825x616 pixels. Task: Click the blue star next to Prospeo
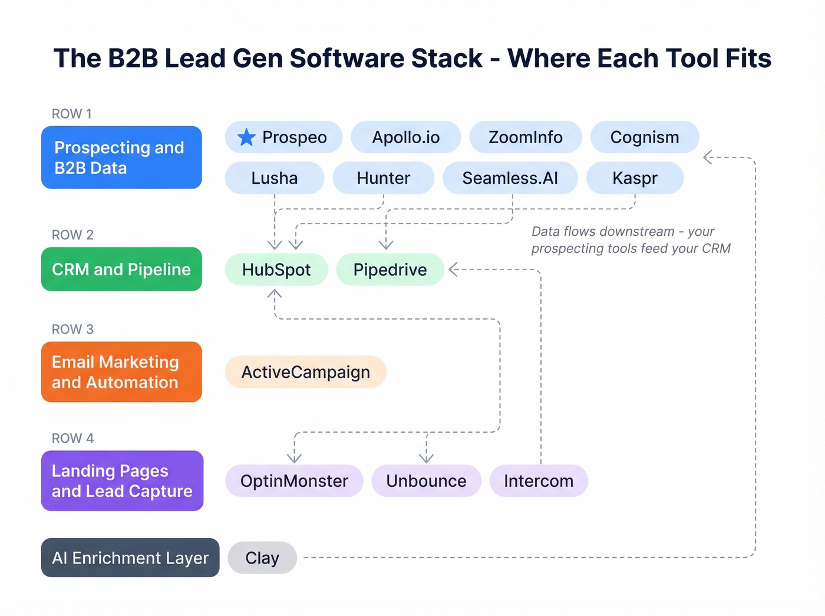coord(246,137)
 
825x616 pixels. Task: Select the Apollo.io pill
coord(405,137)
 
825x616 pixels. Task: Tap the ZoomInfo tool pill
coord(525,137)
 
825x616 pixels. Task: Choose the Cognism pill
coord(644,137)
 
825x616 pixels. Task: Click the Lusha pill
coord(274,178)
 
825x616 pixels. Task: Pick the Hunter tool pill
coord(383,178)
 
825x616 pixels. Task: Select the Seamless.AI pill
coord(510,178)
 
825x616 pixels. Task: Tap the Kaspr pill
coord(635,178)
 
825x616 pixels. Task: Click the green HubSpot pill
coord(276,270)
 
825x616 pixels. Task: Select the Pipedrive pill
coord(390,270)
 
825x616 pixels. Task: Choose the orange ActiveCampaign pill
coord(305,372)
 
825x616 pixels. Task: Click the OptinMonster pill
coord(294,481)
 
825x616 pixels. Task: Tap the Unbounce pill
coord(426,481)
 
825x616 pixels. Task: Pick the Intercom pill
coord(538,481)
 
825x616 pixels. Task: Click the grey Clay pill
coord(262,558)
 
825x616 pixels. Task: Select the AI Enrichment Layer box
coord(130,558)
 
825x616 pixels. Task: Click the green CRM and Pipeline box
coord(121,269)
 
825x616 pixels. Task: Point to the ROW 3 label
coord(72,330)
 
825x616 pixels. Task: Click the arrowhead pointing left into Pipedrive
coord(453,270)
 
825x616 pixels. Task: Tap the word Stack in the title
coord(447,58)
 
